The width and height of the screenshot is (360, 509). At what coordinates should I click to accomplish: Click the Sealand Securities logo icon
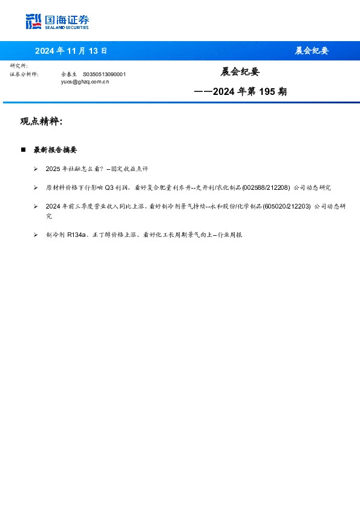pyautogui.click(x=34, y=21)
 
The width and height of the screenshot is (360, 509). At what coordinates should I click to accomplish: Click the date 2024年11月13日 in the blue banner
pyautogui.click(x=71, y=51)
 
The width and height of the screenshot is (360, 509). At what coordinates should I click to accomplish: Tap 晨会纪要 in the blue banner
pyautogui.click(x=311, y=51)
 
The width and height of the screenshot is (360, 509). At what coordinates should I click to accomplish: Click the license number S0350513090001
pyautogui.click(x=104, y=74)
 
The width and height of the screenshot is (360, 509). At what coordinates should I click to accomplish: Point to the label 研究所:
pyautogui.click(x=19, y=65)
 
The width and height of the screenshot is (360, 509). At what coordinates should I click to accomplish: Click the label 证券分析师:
pyautogui.click(x=24, y=74)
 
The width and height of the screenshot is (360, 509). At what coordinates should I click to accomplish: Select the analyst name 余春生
pyautogui.click(x=69, y=74)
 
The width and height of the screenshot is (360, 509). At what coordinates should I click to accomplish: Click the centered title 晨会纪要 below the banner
pyautogui.click(x=240, y=72)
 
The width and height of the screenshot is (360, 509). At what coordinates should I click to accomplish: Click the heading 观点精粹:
pyautogui.click(x=41, y=122)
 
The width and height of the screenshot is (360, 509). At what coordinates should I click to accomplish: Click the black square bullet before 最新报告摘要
pyautogui.click(x=23, y=149)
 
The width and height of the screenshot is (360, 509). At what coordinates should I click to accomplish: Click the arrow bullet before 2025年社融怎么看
pyautogui.click(x=36, y=169)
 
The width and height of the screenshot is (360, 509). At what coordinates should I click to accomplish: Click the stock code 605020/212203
pyautogui.click(x=287, y=206)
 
